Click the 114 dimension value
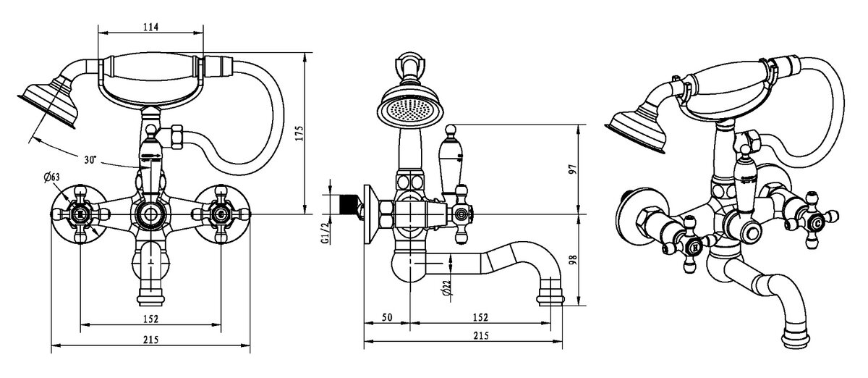point(150,27)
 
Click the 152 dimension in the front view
point(150,318)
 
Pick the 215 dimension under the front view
point(150,340)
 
